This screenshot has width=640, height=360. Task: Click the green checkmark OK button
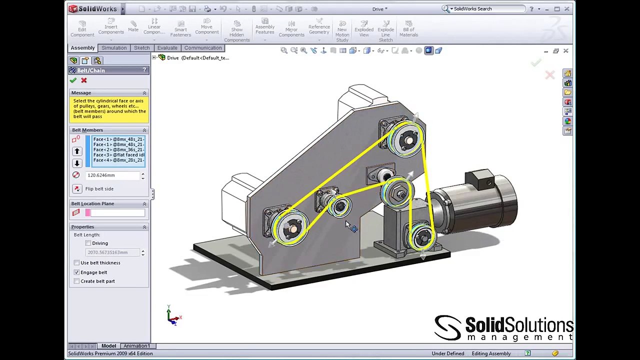(x=73, y=80)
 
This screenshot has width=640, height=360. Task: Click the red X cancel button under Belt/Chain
(x=84, y=80)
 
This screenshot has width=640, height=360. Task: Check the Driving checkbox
(x=88, y=243)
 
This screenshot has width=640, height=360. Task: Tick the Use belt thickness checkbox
(x=76, y=263)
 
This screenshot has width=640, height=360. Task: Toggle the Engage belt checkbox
(x=76, y=272)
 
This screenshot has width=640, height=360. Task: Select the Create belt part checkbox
(x=76, y=281)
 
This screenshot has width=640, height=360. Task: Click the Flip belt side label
(x=99, y=189)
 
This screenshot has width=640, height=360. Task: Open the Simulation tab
(x=114, y=48)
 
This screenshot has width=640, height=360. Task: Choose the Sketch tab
(x=141, y=48)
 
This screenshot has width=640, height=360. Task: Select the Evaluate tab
(x=167, y=48)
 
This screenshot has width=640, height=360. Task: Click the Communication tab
(x=202, y=48)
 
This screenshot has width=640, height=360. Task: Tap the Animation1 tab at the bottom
(x=136, y=346)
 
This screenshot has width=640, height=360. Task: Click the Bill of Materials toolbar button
(x=408, y=29)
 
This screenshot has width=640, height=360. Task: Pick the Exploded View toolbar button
(x=364, y=29)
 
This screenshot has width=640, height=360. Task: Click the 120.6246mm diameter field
(x=112, y=175)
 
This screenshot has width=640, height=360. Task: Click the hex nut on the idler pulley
(x=398, y=192)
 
